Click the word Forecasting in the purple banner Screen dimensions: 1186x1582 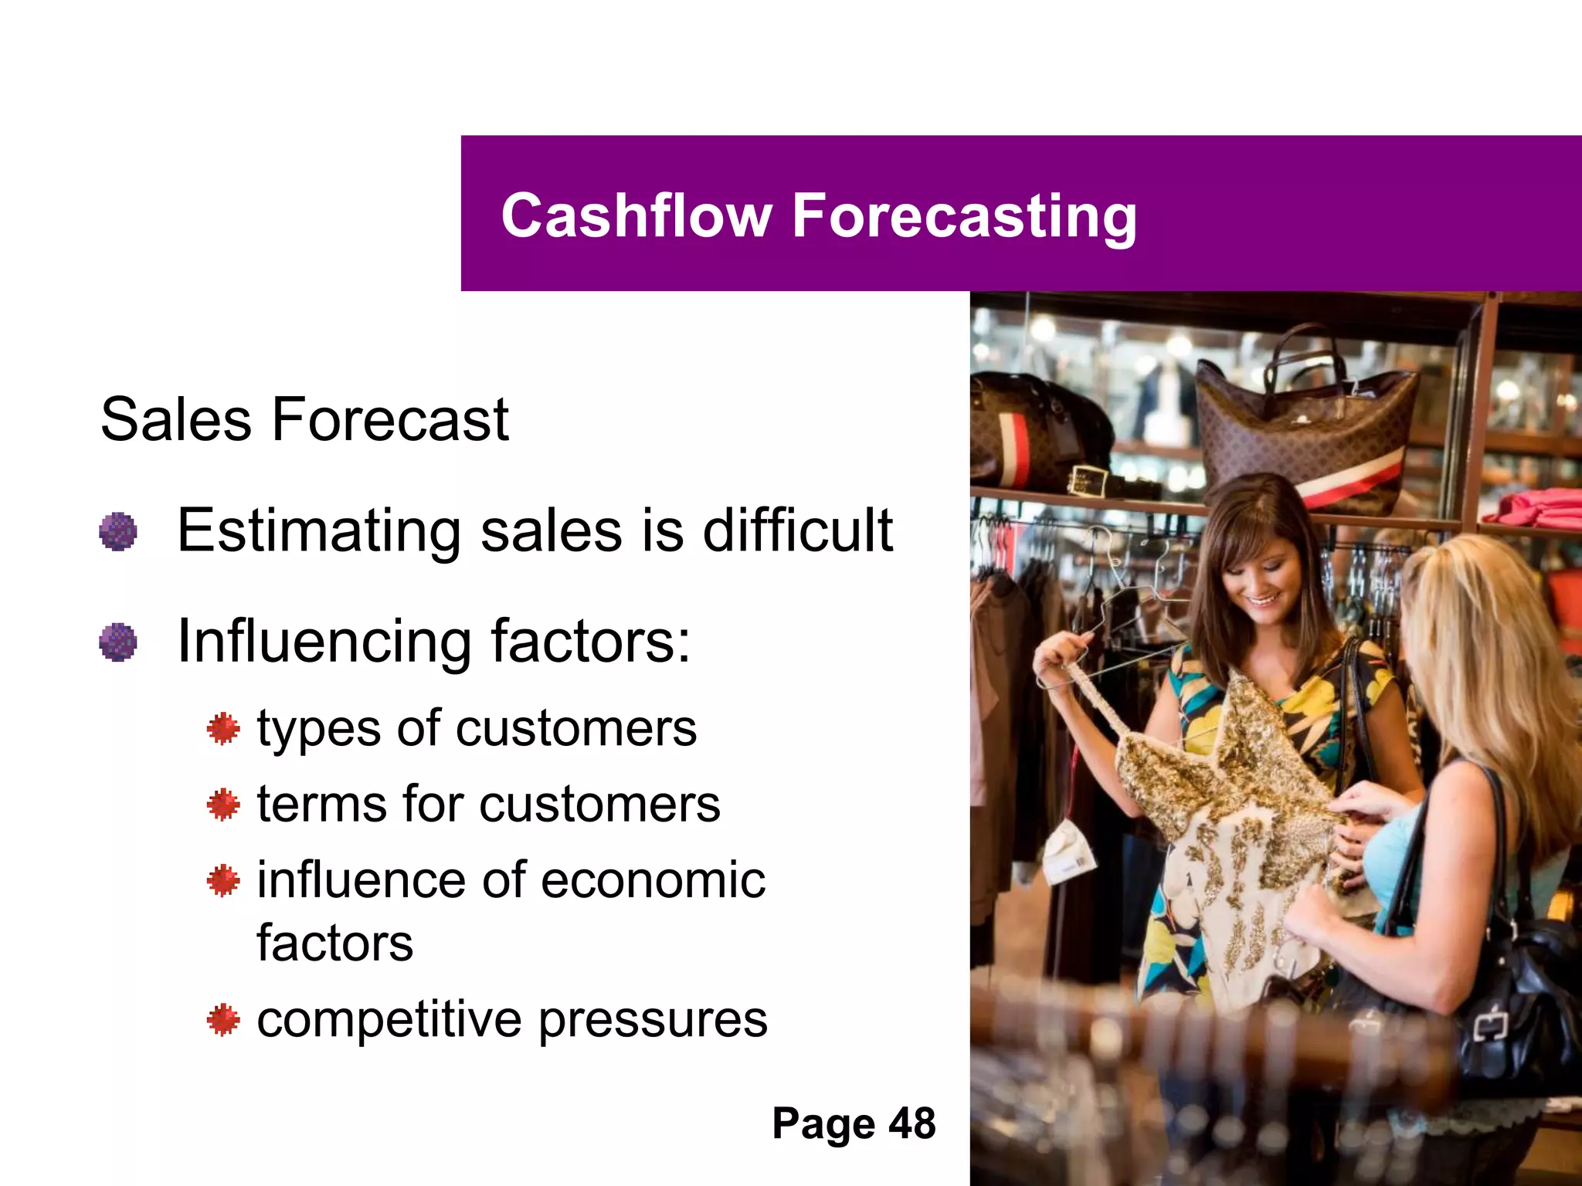click(x=964, y=217)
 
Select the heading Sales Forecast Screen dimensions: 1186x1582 click(x=304, y=419)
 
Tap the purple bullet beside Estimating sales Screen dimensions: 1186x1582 click(x=118, y=531)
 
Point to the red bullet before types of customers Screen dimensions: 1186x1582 click(x=223, y=729)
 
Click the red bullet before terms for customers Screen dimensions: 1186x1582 click(x=223, y=805)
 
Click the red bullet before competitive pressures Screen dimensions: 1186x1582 click(x=223, y=1019)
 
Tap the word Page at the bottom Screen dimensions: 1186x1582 click(x=823, y=1124)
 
